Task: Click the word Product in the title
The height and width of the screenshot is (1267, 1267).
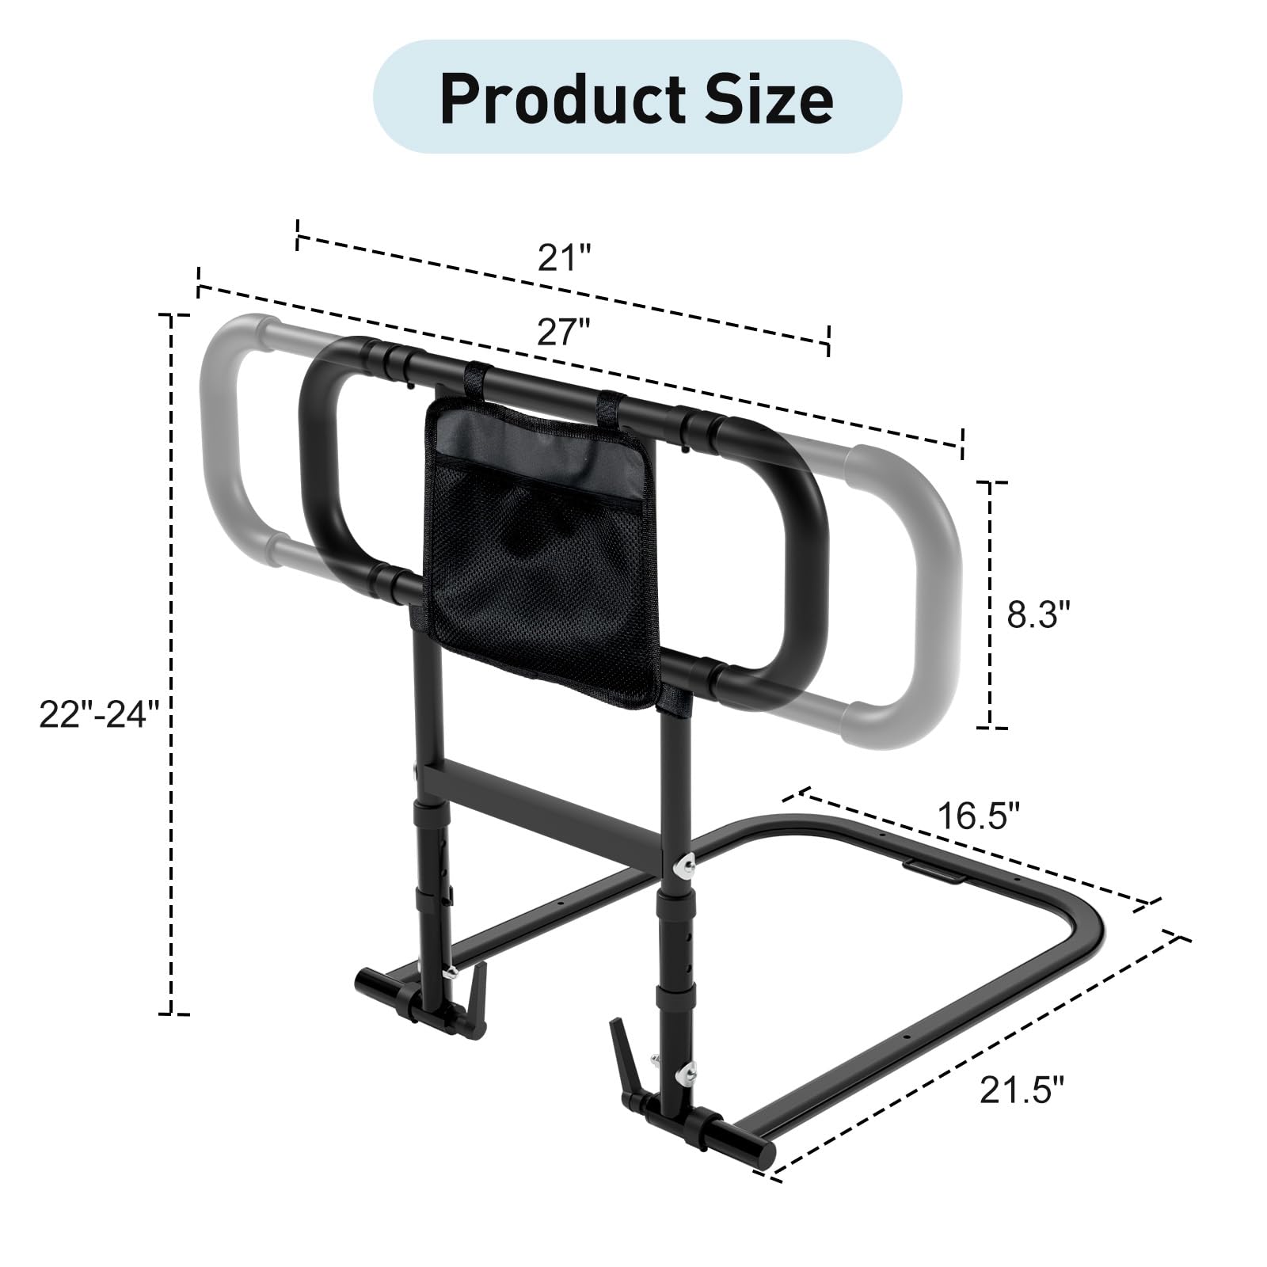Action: [x=564, y=98]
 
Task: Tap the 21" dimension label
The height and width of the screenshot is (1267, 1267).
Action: [x=565, y=257]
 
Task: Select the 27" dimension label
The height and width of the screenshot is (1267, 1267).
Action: [x=565, y=333]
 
